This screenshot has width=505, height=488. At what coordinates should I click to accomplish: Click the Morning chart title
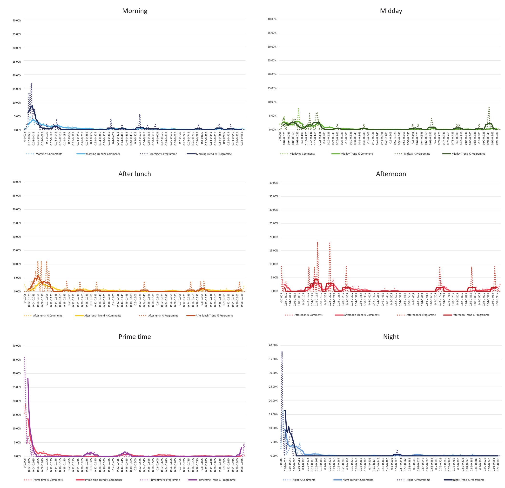click(135, 11)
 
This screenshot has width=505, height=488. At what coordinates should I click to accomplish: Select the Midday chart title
click(391, 11)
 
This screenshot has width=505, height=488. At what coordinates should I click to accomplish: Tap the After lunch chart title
click(135, 174)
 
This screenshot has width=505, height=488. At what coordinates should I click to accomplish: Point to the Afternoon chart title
click(391, 174)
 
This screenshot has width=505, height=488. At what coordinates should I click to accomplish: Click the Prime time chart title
click(135, 336)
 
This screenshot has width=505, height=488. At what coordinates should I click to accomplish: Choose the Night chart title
click(391, 336)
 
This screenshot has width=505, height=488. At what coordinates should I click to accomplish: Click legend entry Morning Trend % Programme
click(214, 154)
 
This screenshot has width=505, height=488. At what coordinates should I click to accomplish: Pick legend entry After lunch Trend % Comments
click(102, 316)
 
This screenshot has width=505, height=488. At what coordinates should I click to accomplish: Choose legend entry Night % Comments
click(303, 480)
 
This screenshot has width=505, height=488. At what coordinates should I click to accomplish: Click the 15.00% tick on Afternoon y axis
click(274, 251)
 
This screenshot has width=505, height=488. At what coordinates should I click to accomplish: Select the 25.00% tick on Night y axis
click(273, 387)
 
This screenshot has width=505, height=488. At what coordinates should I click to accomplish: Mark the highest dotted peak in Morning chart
click(31, 83)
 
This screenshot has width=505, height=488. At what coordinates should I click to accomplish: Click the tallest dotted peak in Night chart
click(282, 351)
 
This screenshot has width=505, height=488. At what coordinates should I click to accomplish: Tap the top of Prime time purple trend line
click(28, 379)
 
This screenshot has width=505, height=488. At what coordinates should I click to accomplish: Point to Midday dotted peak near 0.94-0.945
click(489, 107)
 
